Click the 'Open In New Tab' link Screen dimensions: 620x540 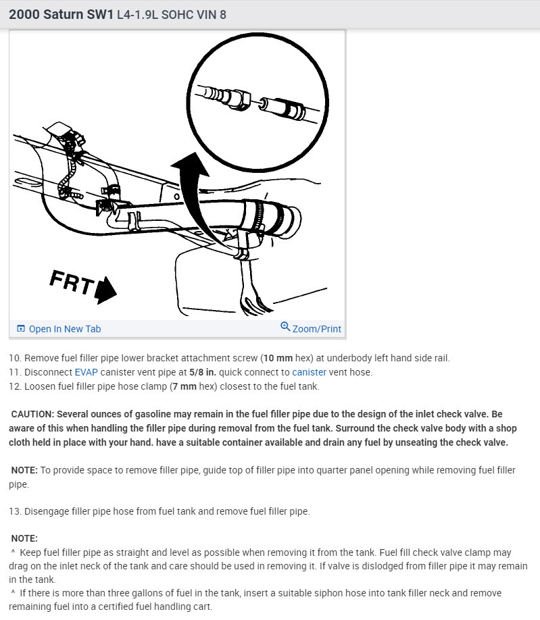click(64, 329)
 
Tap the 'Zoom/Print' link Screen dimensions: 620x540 click(316, 329)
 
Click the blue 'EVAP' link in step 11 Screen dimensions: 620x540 click(87, 372)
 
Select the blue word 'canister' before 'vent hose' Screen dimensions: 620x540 click(309, 372)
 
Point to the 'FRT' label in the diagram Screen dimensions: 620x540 click(70, 282)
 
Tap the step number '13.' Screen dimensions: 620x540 click(15, 511)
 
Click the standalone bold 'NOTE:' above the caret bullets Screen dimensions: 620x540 click(24, 538)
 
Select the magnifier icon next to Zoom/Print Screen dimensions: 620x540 click(285, 328)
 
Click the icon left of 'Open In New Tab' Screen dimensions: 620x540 click(21, 329)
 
